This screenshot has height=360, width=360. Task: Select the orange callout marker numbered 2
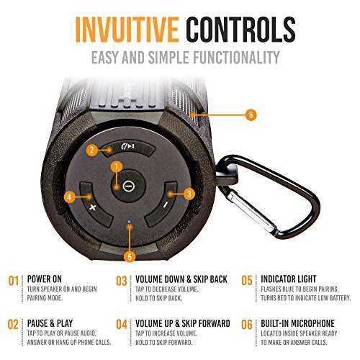[92, 150]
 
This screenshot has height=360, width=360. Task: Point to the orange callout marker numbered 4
[70, 197]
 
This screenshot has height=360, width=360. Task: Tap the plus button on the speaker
[93, 206]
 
